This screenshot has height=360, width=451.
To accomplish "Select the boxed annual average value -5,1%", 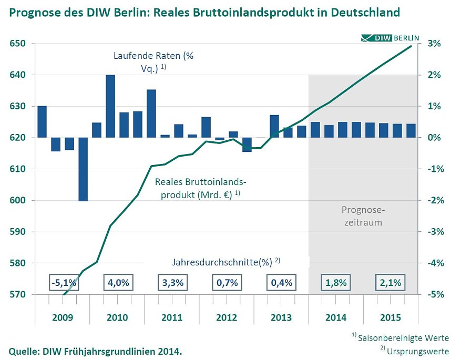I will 64,282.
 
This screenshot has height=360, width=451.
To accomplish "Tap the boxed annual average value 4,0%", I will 118,282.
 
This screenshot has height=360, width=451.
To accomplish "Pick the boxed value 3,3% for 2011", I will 172,282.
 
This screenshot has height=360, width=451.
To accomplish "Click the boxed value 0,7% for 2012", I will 227,282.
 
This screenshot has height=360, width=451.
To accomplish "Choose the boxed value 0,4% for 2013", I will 281,282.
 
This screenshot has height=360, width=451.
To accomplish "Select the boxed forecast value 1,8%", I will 336,282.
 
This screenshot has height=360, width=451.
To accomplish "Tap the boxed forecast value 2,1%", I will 390,282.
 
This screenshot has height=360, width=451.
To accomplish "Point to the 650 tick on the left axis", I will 17,44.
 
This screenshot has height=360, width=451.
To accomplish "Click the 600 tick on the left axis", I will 17,200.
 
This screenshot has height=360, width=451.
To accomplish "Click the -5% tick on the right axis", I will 432,294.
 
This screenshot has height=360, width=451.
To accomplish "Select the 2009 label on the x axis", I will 63,318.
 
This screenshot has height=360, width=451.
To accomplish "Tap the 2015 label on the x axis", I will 390,318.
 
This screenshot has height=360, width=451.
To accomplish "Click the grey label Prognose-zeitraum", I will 363,216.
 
